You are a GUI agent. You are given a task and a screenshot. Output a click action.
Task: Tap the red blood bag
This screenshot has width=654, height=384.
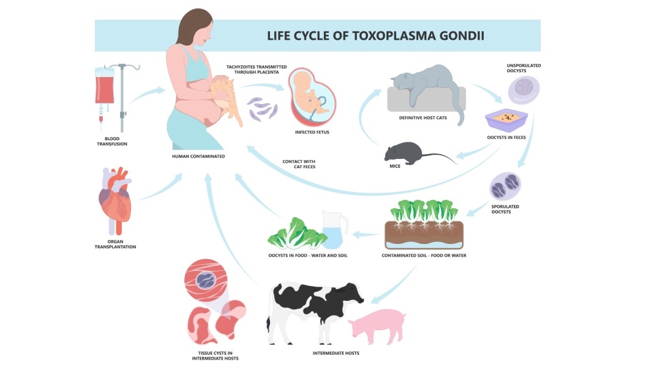(x=104, y=86)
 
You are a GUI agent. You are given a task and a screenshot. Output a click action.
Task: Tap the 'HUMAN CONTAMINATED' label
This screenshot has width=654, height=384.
(x=198, y=157)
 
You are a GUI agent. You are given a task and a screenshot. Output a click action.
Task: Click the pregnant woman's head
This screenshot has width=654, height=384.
(x=196, y=28)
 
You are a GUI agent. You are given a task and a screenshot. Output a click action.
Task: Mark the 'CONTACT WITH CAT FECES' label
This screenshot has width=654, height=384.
(x=299, y=164)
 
